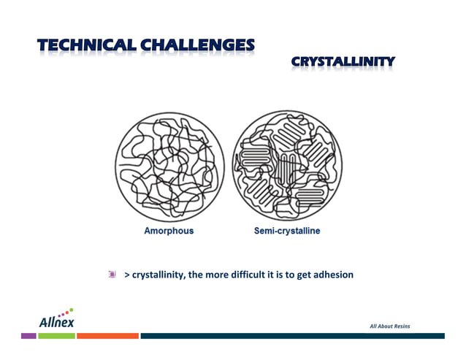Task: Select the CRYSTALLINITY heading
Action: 343,62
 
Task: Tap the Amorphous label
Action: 169,231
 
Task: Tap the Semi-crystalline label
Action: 287,231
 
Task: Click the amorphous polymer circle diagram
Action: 169,166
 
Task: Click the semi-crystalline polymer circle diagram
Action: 287,166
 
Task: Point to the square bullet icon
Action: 112,275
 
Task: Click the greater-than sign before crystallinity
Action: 127,275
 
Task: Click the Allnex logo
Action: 56,319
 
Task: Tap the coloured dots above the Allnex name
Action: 65,312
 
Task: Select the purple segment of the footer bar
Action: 28,336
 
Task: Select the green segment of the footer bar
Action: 56,336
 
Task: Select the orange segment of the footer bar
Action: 107,336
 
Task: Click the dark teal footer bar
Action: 292,336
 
